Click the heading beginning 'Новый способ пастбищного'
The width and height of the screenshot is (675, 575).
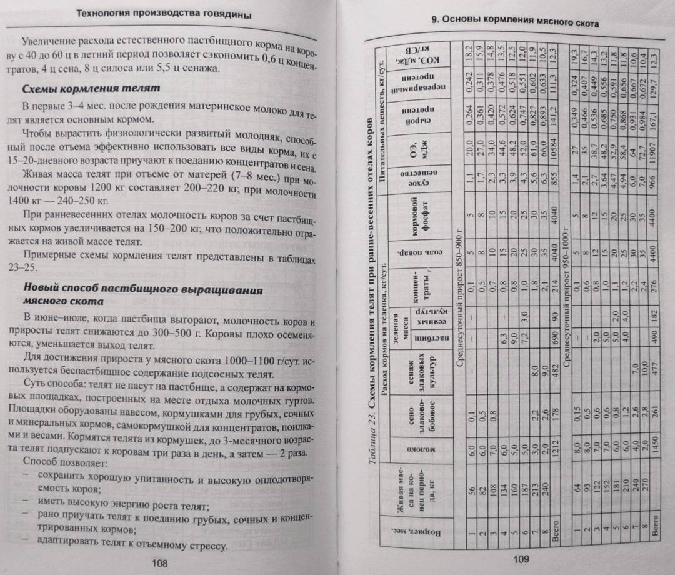tap(138, 291)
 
